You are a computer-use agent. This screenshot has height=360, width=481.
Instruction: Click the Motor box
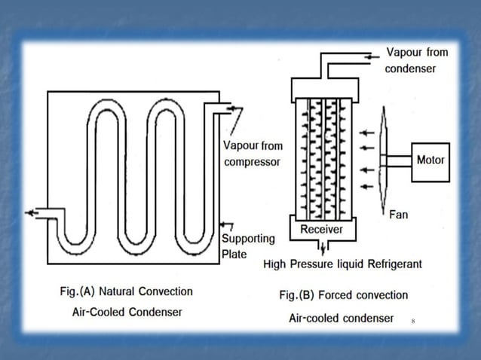click(x=431, y=160)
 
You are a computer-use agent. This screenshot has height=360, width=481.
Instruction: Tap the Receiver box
click(x=322, y=229)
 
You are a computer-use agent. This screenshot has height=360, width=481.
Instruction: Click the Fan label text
click(x=398, y=215)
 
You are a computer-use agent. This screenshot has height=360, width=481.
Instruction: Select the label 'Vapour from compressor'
click(x=252, y=154)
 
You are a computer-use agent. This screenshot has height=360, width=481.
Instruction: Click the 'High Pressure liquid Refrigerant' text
click(x=342, y=264)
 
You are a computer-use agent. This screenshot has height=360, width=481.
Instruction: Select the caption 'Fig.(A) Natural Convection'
click(x=126, y=291)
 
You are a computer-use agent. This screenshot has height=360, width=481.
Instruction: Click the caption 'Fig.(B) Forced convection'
click(x=343, y=295)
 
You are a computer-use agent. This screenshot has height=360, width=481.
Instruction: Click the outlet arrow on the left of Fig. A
click(x=32, y=213)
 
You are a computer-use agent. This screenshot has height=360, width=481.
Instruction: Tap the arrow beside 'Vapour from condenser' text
click(x=372, y=55)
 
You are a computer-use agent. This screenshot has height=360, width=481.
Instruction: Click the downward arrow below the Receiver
click(x=322, y=249)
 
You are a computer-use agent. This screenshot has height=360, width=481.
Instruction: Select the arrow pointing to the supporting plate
click(x=226, y=225)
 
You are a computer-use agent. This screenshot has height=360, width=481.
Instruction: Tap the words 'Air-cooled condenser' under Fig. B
click(x=341, y=318)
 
